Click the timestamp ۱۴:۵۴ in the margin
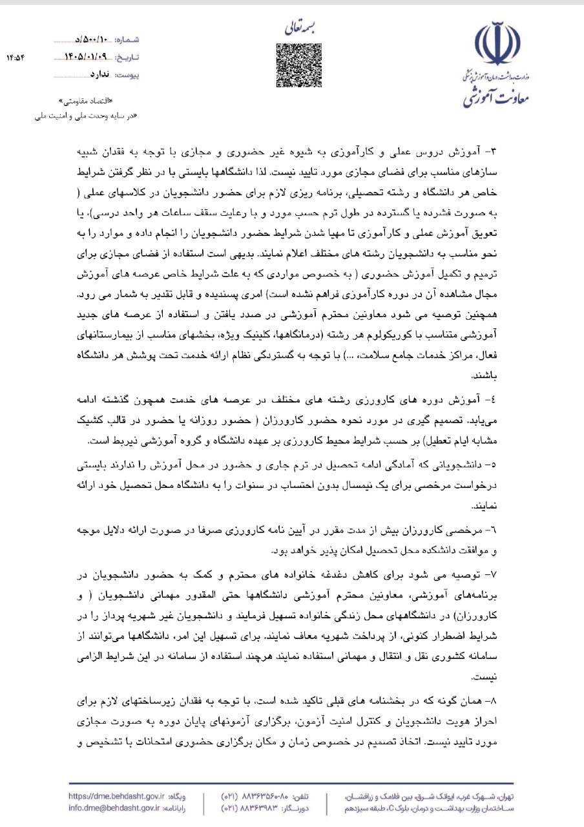(x=16, y=58)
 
